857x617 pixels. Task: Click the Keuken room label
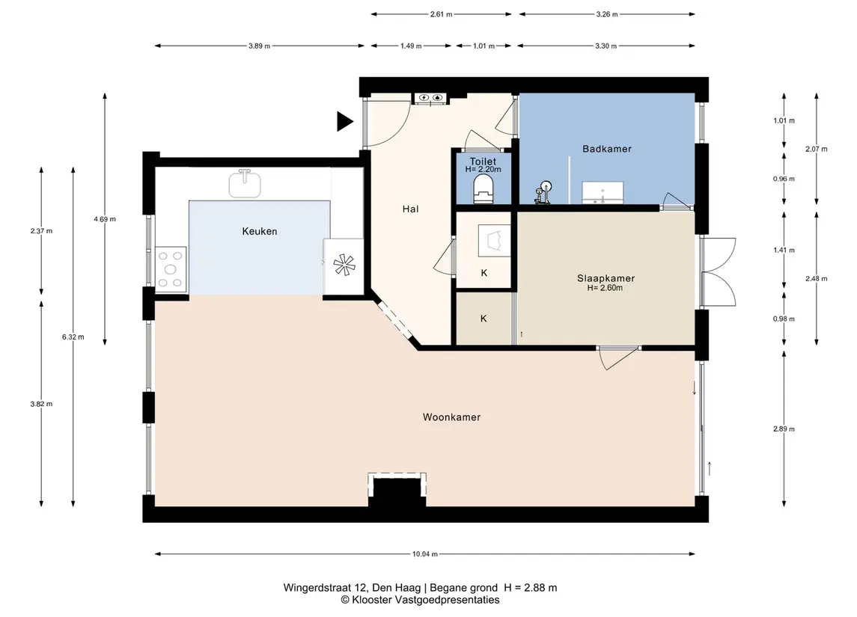[260, 232]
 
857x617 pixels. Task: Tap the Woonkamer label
[451, 417]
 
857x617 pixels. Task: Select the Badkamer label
[607, 149]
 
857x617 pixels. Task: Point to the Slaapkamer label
[606, 278]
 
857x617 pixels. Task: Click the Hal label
[410, 209]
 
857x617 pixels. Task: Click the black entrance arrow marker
[344, 121]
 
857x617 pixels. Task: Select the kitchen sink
[244, 183]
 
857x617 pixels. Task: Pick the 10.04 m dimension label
[424, 553]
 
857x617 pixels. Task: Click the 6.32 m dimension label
[73, 337]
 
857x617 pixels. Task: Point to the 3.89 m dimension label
[259, 46]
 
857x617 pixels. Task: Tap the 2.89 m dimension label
[784, 429]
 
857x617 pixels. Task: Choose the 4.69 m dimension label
[104, 219]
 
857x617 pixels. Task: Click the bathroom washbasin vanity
[603, 193]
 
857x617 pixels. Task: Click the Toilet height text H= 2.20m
[484, 169]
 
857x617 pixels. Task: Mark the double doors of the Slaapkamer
[718, 271]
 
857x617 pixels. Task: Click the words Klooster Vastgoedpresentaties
[426, 600]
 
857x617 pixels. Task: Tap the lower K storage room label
[484, 319]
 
